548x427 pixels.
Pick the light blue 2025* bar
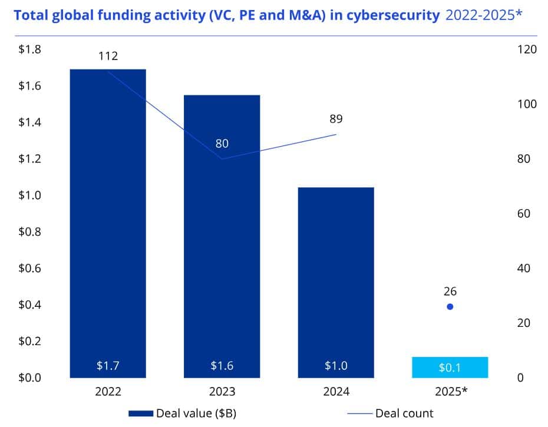click(450, 368)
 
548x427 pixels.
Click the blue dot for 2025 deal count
click(450, 306)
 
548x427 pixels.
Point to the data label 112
click(108, 56)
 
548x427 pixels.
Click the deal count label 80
click(222, 144)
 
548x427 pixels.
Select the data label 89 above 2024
click(336, 119)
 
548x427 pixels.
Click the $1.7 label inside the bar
click(108, 366)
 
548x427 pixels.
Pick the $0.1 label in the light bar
click(450, 368)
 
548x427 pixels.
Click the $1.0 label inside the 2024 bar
click(336, 366)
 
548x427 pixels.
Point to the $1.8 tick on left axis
click(29, 49)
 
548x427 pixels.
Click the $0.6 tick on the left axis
click(29, 268)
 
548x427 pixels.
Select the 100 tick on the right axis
click(526, 104)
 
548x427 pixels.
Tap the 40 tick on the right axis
click(524, 268)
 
